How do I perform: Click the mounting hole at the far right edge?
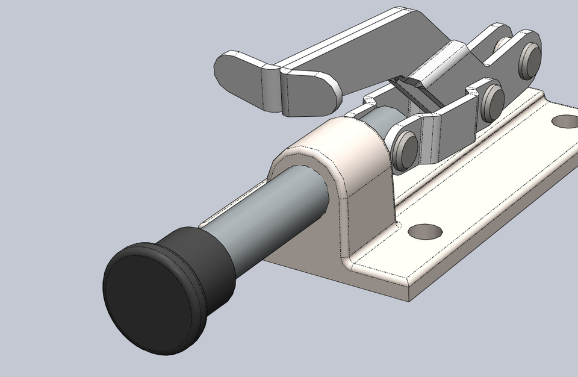[x=565, y=121]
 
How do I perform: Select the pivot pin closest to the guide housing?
[x=404, y=146]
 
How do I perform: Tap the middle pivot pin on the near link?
[x=493, y=100]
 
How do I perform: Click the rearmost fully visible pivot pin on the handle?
[x=530, y=58]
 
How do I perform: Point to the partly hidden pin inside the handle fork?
[x=504, y=45]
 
